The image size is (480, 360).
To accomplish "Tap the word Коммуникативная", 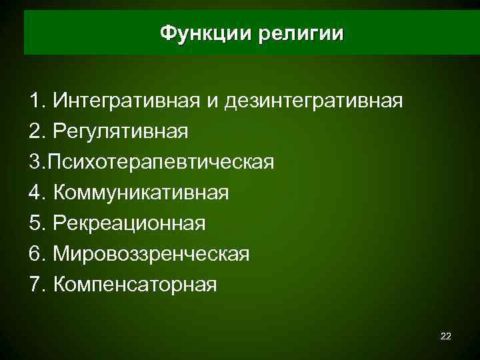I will click(x=141, y=193).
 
